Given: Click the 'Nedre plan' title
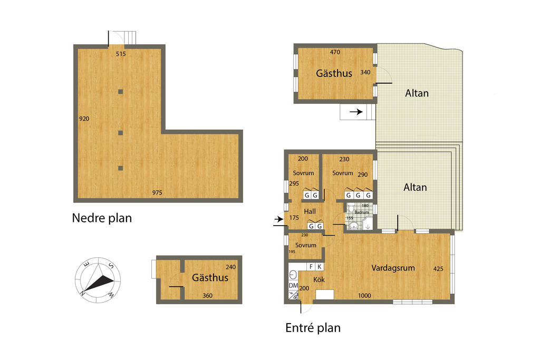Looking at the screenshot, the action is coord(102,218).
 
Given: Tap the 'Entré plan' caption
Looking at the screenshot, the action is coord(313,328).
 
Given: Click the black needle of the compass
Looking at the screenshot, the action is coord(99,283).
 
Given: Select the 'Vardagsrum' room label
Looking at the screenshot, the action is coord(393,268).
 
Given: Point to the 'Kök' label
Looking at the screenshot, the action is coord(319,280).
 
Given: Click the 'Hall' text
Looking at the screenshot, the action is coord(310,211).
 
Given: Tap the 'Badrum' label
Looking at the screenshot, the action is coord(362,212).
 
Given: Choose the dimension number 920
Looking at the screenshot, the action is coord(84,119).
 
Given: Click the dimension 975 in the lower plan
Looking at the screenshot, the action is coord(157,193).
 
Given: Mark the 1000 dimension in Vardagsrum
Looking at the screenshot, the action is coord(364,296).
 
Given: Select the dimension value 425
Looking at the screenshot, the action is coord(438,269).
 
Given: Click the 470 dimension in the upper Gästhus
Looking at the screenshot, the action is coord(335,52).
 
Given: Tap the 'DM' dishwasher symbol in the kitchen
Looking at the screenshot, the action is coord(293,285).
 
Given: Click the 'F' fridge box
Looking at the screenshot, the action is coord(311,267).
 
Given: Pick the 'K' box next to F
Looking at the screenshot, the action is coord(319,267).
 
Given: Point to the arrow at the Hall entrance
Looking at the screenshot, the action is coord(279,219).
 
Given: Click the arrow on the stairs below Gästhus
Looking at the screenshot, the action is coord(356,112).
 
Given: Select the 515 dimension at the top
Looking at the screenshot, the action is coord(121,54).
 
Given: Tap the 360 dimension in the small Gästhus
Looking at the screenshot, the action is coord(207,296).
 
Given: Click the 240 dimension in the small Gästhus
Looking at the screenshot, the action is coord(231,267).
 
